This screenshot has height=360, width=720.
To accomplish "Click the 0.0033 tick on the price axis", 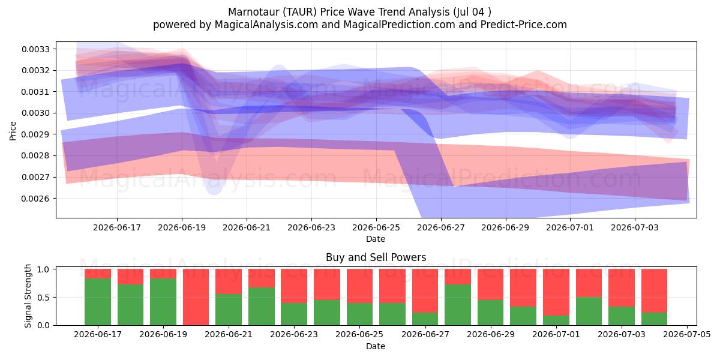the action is point(35,49).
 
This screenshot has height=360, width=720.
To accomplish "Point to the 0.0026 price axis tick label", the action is point(35,199).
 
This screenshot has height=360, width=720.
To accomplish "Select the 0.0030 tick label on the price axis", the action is point(35,113).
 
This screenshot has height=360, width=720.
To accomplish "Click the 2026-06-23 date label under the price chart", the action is point(311,227).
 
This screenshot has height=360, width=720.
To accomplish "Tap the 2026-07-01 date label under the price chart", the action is point(570,227).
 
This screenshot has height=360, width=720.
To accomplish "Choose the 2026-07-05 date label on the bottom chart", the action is point(687,335).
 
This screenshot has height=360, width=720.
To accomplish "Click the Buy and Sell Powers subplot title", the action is point(376,257).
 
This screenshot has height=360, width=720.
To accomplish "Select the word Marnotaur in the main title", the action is point(254,12).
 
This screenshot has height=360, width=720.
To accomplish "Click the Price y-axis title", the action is point(13,131).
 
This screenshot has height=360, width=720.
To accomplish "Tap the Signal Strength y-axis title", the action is point(28,296).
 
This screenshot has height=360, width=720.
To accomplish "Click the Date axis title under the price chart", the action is point(376,239).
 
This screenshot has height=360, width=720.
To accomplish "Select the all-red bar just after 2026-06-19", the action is point(196,298).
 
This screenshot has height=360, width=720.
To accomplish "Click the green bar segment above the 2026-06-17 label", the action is point(98,302).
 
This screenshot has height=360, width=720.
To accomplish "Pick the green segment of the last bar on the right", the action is point(654,319).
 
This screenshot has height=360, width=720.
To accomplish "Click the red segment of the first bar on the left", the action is point(98,274).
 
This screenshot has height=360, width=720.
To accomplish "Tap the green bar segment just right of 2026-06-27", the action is point(458,305).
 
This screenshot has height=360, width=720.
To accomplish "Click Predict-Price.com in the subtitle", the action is point(524,25).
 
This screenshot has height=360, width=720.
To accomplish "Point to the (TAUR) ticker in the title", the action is point(300,12).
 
